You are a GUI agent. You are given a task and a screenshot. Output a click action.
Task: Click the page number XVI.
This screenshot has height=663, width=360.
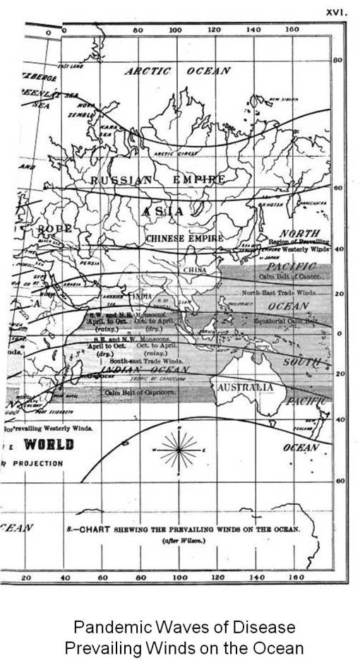point(333,11)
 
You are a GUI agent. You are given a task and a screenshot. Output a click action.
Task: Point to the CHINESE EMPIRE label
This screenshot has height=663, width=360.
point(184,239)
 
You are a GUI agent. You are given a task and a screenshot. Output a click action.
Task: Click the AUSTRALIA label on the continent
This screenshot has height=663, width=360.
point(245,388)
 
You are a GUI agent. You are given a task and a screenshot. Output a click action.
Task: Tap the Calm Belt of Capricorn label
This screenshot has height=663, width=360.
point(139,392)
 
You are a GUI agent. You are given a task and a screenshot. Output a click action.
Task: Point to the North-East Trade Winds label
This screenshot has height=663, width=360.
point(285,291)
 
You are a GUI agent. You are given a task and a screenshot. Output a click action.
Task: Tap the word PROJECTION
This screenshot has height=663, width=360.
point(35,464)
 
